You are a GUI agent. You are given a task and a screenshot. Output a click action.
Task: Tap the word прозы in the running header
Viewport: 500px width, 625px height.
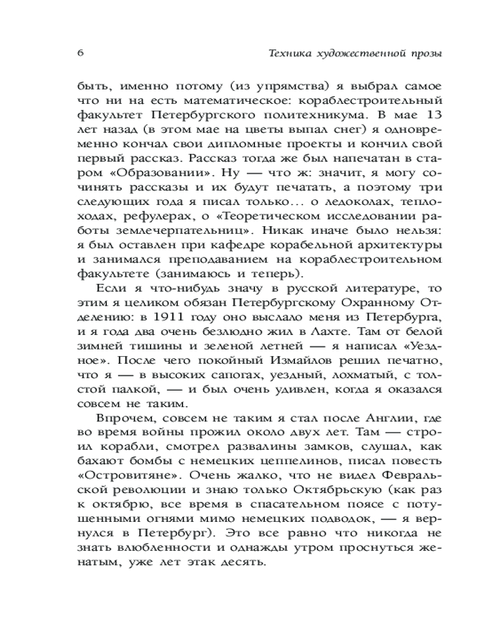click(x=424, y=53)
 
